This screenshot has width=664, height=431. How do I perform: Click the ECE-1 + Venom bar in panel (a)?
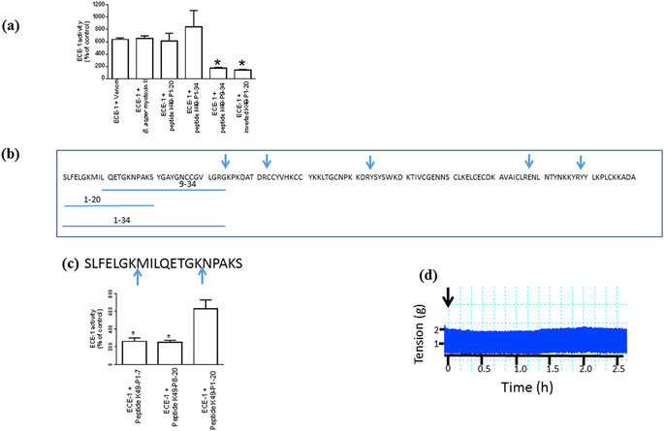click(120, 57)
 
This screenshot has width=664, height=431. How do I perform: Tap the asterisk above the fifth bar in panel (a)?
click(218, 61)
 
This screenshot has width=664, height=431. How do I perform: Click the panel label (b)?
click(19, 153)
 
